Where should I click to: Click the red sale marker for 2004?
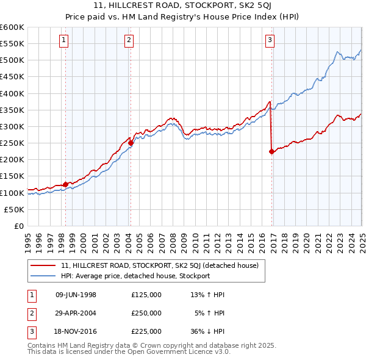click(131, 144)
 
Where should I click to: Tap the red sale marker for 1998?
click(65, 184)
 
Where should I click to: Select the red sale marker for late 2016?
click(271, 153)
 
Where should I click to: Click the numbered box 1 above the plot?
click(64, 41)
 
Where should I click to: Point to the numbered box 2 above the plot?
click(129, 41)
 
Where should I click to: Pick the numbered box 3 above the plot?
click(270, 41)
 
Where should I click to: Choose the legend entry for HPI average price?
click(135, 276)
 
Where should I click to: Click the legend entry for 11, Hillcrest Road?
click(160, 265)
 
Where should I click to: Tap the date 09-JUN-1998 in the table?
click(76, 295)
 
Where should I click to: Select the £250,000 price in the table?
click(146, 313)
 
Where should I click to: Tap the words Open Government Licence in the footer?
click(177, 351)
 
